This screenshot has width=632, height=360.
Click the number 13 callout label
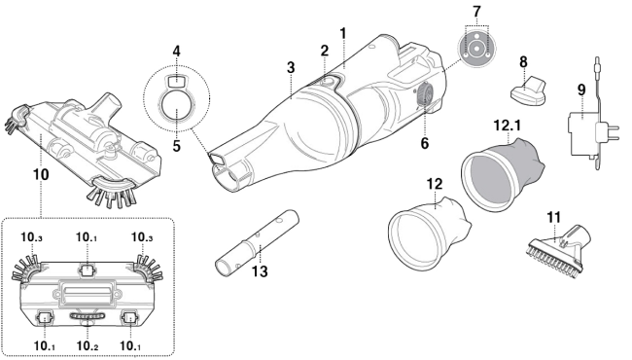click(x=260, y=271)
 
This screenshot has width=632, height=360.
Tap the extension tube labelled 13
click(x=257, y=243)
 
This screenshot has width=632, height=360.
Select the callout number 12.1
click(x=507, y=126)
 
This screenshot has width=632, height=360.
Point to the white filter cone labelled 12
click(x=428, y=232)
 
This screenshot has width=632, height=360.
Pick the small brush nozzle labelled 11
click(x=559, y=248)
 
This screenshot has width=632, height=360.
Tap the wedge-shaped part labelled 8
click(x=528, y=91)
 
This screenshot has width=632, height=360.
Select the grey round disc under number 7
click(x=476, y=49)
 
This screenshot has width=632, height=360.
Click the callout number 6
click(x=425, y=143)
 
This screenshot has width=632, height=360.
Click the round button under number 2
click(x=329, y=83)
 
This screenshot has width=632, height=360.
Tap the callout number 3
click(x=291, y=67)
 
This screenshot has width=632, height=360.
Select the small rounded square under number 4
click(x=175, y=81)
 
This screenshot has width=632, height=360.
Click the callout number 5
click(x=177, y=146)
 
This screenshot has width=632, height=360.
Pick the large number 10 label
click(x=41, y=174)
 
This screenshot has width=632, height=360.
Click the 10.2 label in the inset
click(x=88, y=345)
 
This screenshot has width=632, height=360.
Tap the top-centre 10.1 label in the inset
click(x=87, y=237)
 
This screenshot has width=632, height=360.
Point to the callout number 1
click(x=343, y=33)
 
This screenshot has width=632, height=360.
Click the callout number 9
click(x=581, y=90)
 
